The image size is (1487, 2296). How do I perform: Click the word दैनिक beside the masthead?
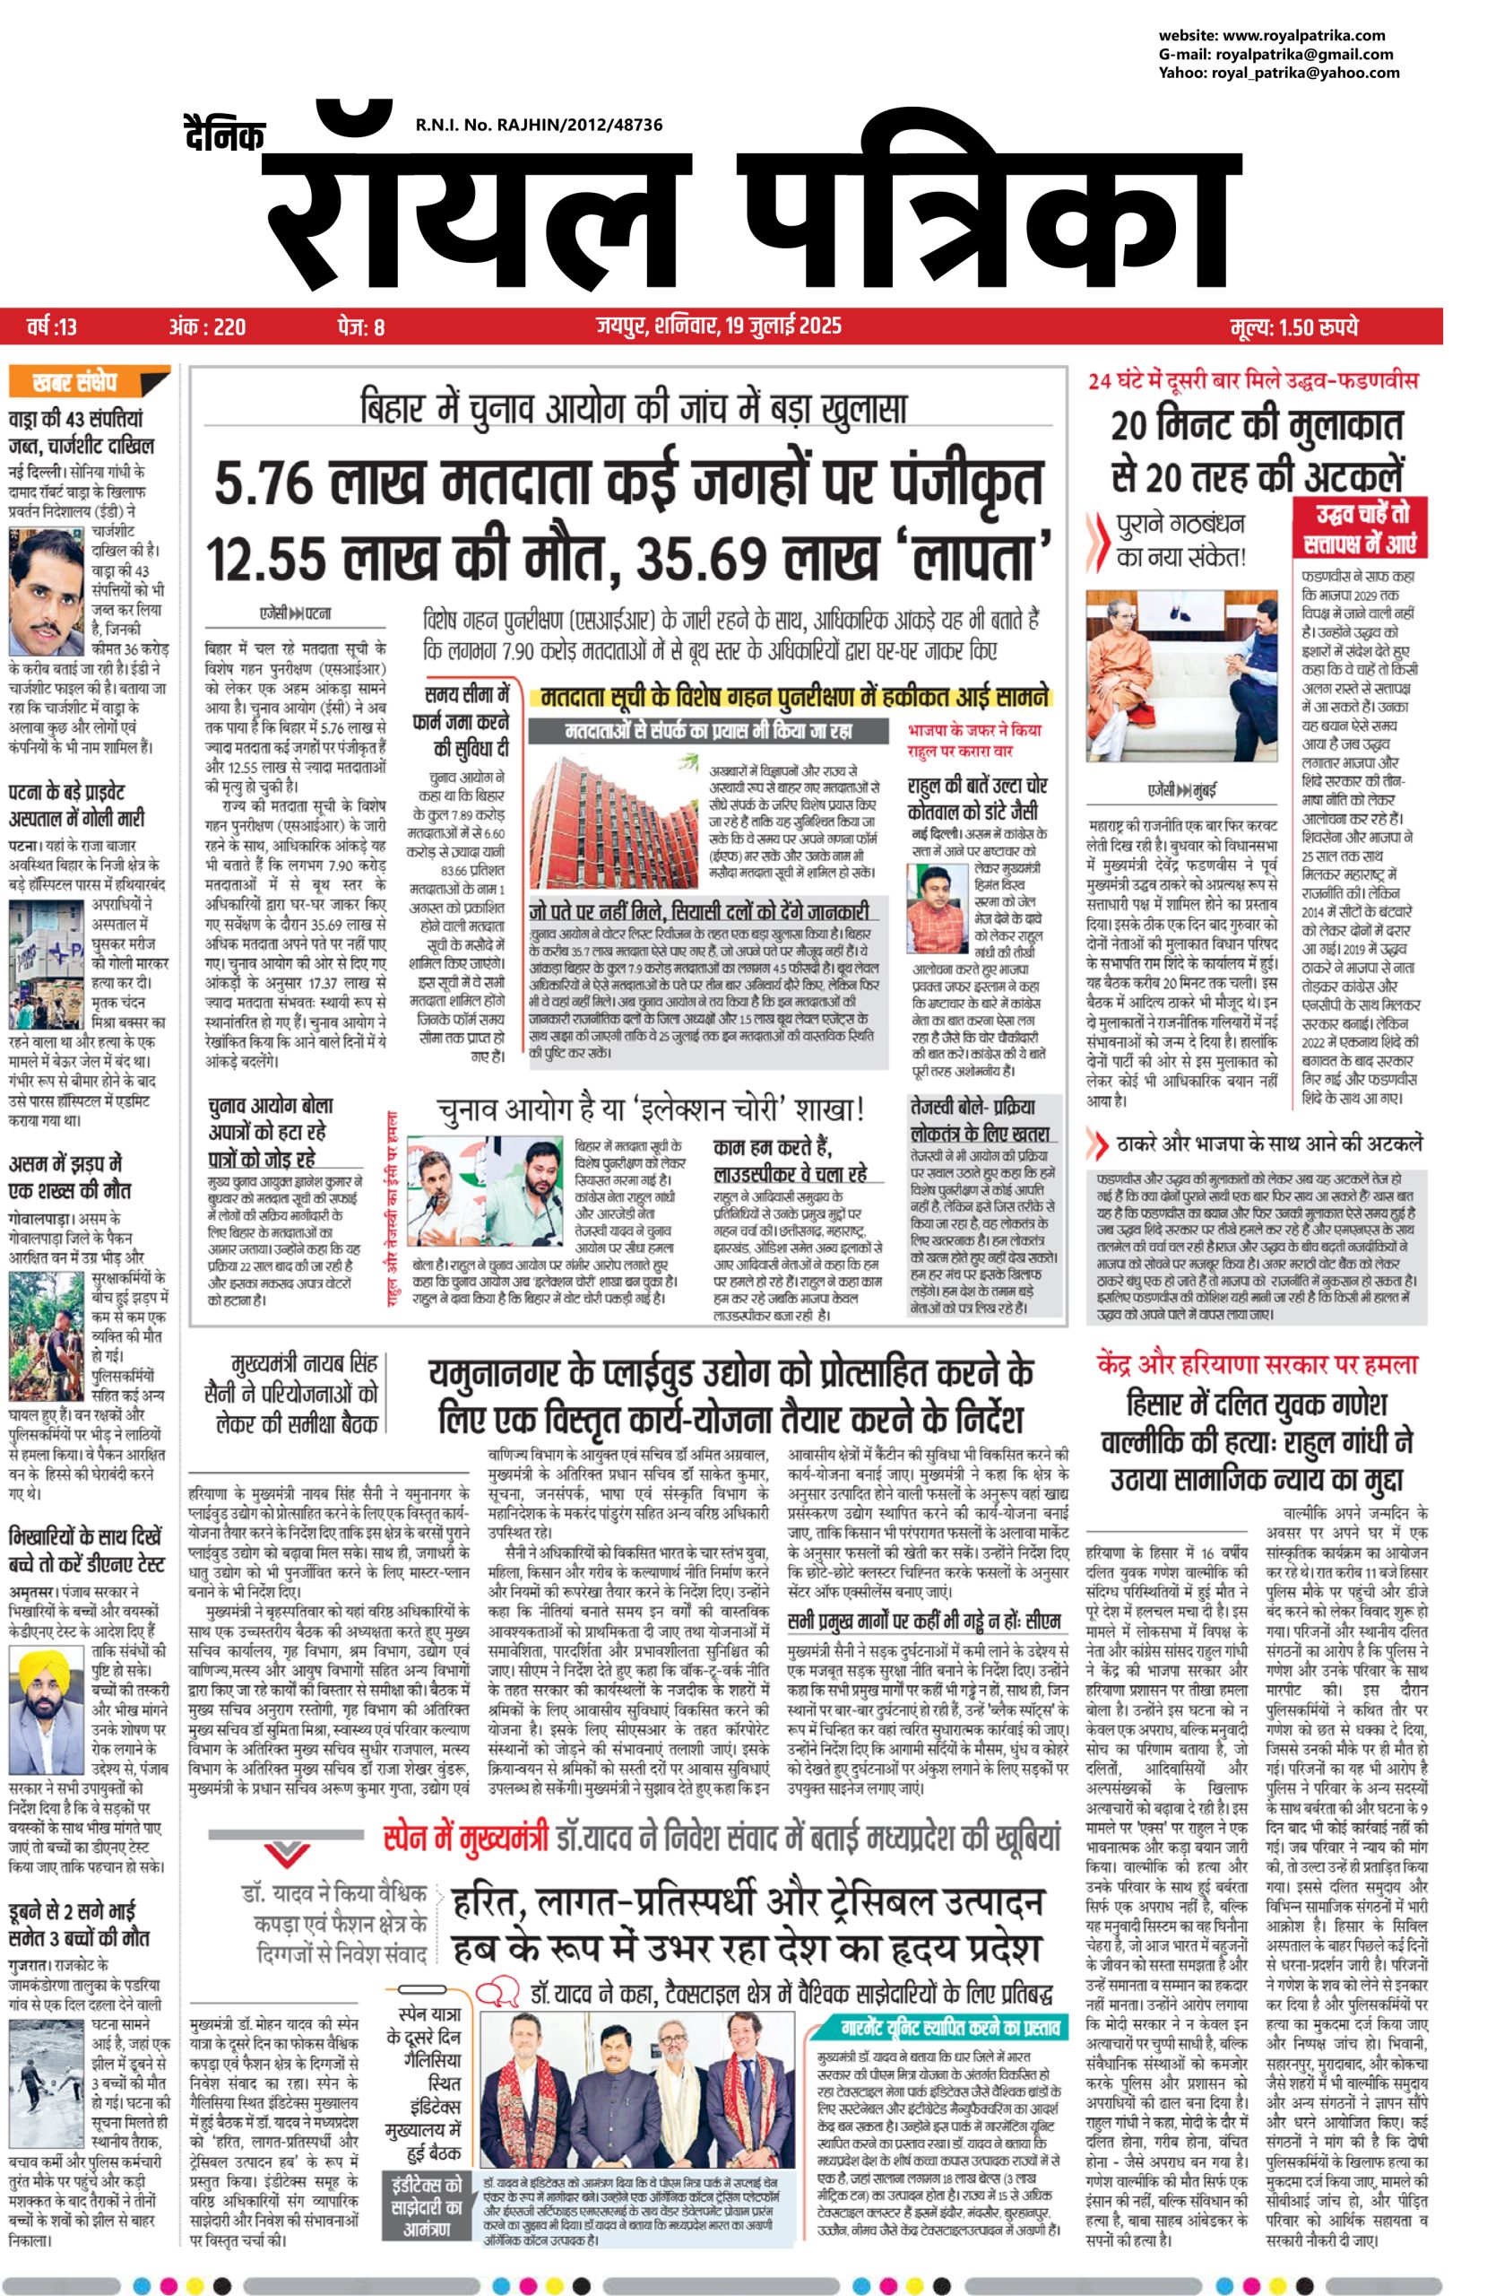(x=223, y=135)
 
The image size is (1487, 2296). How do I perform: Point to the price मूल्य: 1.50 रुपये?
(x=1293, y=327)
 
